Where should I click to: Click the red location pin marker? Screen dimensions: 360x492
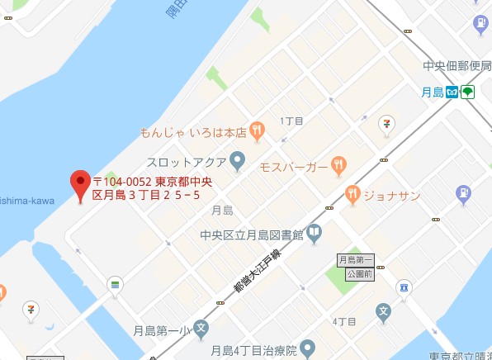(x=80, y=184)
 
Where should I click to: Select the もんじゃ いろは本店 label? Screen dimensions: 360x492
(x=193, y=130)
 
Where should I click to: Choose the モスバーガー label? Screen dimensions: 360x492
(x=293, y=167)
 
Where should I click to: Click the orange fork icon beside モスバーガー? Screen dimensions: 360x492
(x=338, y=166)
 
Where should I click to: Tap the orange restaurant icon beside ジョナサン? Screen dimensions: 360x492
(x=352, y=195)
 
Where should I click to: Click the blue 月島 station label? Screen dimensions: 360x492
(x=432, y=92)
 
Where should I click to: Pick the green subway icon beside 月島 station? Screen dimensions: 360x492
(x=468, y=92)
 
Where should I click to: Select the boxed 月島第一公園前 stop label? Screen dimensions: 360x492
(x=356, y=266)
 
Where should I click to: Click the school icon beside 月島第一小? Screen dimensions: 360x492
(x=201, y=330)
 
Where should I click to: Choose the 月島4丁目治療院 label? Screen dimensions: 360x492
(x=253, y=350)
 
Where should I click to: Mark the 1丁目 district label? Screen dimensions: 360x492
(x=292, y=121)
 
